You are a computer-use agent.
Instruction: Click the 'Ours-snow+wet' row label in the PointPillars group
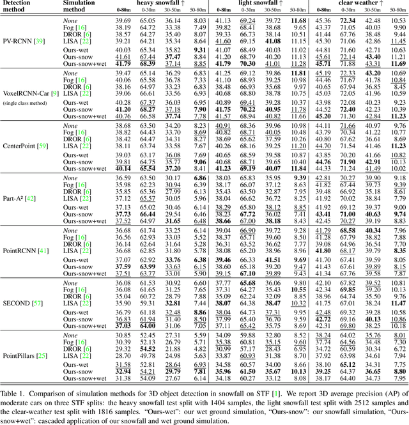click(x=84, y=378)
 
